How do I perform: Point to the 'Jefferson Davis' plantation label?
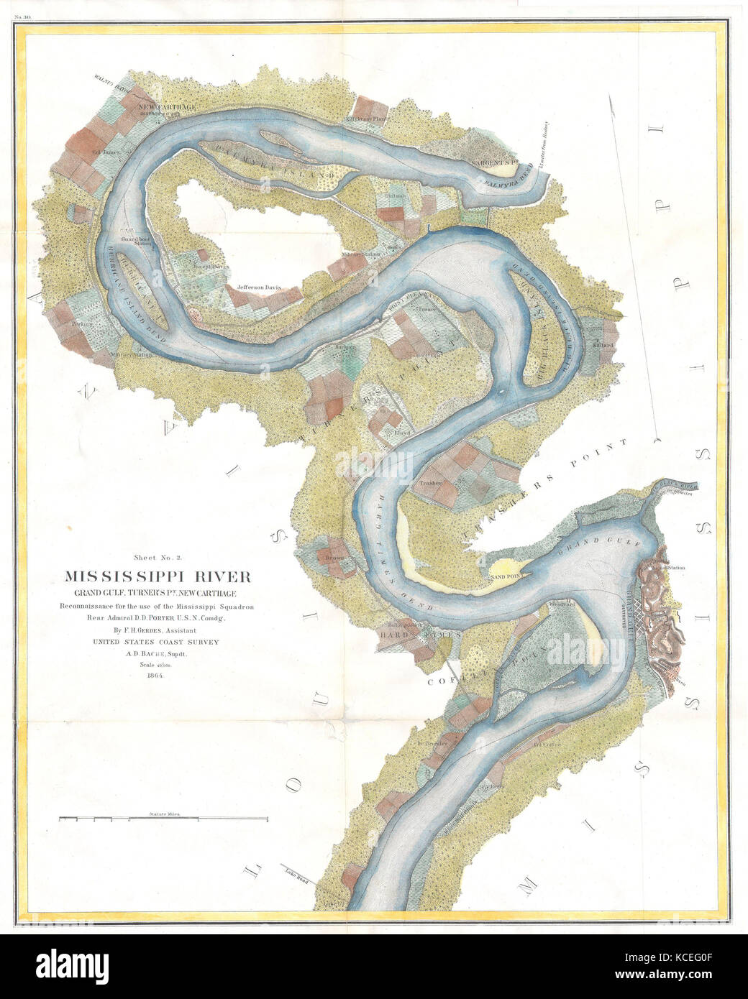click(255, 287)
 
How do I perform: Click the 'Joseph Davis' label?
click(195, 264)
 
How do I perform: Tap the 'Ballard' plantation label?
click(603, 345)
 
